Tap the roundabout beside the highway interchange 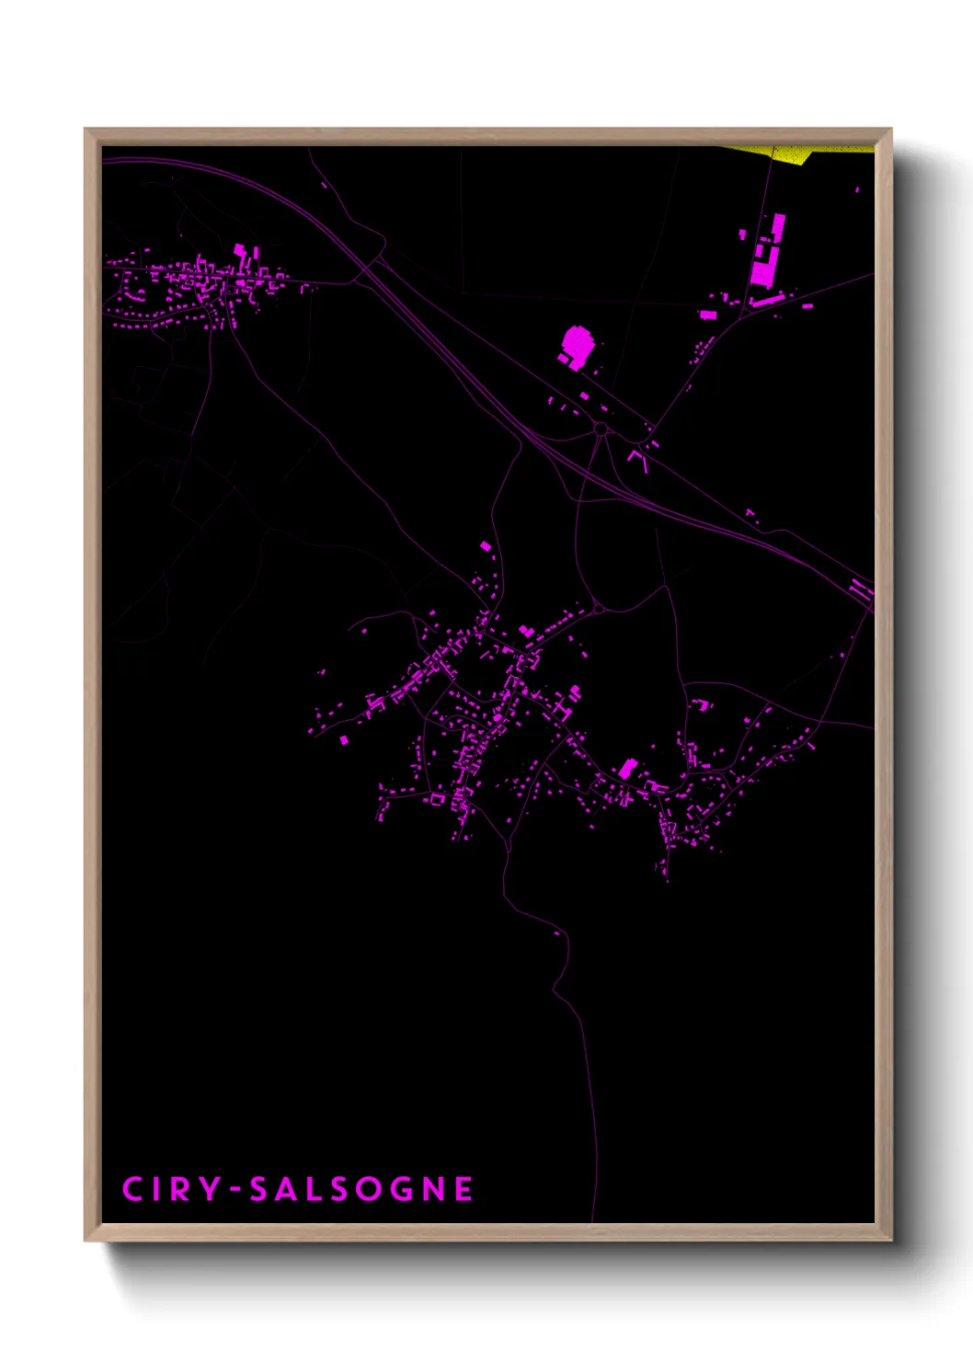click(x=601, y=429)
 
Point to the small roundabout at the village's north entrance click(x=598, y=608)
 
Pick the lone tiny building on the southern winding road click(x=556, y=933)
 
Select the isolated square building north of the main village click(x=486, y=546)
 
